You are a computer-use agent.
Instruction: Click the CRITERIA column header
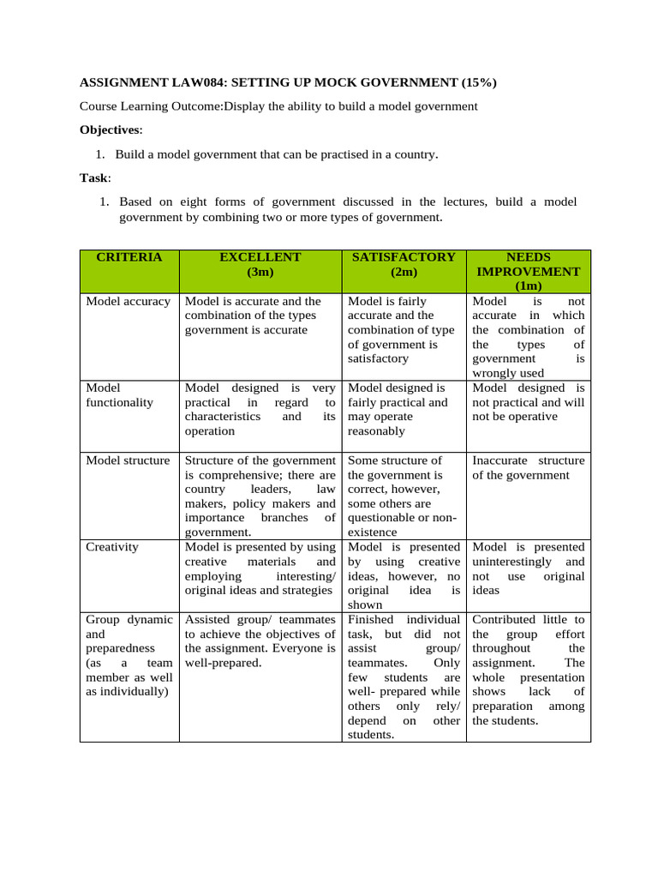(x=129, y=257)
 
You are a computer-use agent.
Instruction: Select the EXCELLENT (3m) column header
(x=260, y=264)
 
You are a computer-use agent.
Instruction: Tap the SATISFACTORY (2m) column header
(x=404, y=264)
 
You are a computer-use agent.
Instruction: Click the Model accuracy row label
(x=128, y=302)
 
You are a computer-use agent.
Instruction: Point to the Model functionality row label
(x=119, y=395)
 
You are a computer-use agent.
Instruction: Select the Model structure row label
(x=128, y=460)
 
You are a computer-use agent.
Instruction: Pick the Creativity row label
(x=112, y=547)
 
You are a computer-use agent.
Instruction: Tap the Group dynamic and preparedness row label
(x=129, y=655)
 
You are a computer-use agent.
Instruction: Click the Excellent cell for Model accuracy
(x=260, y=316)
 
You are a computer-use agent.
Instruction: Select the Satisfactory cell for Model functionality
(x=404, y=410)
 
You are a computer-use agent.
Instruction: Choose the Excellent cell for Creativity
(x=260, y=568)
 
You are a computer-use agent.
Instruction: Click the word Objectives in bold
(x=111, y=130)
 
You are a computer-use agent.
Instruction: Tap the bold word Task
(x=93, y=178)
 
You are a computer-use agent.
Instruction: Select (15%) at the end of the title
(x=478, y=82)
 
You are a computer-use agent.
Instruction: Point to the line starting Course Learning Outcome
(x=278, y=106)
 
